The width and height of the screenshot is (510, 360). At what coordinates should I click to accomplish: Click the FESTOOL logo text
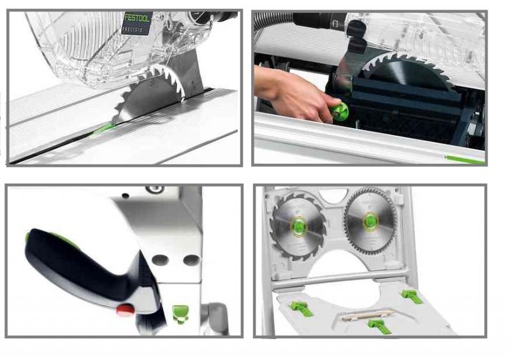pyautogui.click(x=137, y=18)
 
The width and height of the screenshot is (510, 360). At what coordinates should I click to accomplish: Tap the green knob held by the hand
pyautogui.click(x=340, y=112)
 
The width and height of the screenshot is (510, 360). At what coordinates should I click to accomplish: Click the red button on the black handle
pyautogui.click(x=126, y=309)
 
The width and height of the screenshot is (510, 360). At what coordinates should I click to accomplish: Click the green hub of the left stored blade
pyautogui.click(x=299, y=225)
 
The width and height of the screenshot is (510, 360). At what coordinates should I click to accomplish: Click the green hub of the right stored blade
pyautogui.click(x=370, y=221)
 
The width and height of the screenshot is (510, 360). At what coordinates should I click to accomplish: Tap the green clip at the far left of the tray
pyautogui.click(x=301, y=308)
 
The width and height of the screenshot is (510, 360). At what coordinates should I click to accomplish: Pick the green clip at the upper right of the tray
pyautogui.click(x=412, y=296)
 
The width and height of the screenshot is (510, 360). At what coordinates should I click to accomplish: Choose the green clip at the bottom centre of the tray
pyautogui.click(x=379, y=326)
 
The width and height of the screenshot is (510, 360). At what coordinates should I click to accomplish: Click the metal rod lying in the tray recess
pyautogui.click(x=368, y=315)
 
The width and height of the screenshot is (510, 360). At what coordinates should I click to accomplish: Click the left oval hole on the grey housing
pyautogui.click(x=161, y=260)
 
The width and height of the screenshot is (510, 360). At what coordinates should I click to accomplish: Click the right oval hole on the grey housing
pyautogui.click(x=191, y=260)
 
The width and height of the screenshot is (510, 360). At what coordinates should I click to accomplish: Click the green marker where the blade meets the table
pyautogui.click(x=103, y=129)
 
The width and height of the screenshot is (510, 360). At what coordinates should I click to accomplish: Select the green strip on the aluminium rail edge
pyautogui.click(x=465, y=159)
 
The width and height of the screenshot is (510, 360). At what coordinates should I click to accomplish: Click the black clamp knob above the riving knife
pyautogui.click(x=357, y=27)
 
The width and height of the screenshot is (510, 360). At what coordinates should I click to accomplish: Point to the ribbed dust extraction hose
pyautogui.click(x=274, y=20)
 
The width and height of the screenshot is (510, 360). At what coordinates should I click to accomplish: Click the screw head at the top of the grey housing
pyautogui.click(x=154, y=189)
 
